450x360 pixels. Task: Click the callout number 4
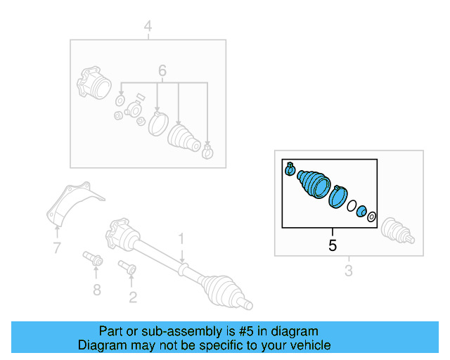(148, 27)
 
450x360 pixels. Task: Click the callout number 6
(162, 70)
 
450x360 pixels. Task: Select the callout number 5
(333, 245)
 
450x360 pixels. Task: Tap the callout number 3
(348, 271)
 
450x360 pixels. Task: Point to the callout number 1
(181, 238)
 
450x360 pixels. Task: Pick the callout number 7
(57, 247)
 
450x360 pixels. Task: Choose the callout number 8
(97, 289)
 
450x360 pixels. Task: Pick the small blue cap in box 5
(361, 211)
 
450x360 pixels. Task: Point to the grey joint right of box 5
(394, 230)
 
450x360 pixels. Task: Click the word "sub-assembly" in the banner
(167, 331)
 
